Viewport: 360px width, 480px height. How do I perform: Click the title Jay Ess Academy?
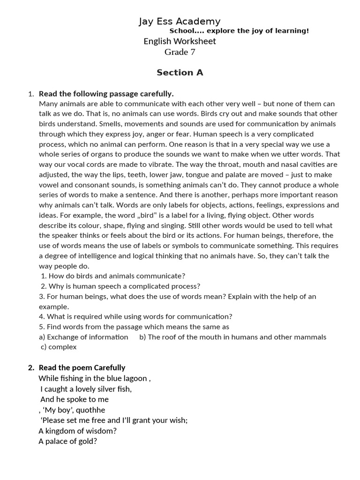(x=180, y=21)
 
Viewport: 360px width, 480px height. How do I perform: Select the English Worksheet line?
(x=180, y=41)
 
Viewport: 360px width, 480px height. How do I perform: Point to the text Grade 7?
(x=180, y=52)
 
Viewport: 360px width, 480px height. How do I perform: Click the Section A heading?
(x=180, y=73)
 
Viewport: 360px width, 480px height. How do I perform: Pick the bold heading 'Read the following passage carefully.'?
(x=106, y=94)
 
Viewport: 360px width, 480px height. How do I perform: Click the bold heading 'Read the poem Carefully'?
(x=82, y=368)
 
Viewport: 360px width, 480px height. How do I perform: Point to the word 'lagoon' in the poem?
(x=135, y=378)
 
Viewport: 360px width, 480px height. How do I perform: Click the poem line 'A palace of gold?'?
(x=67, y=441)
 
